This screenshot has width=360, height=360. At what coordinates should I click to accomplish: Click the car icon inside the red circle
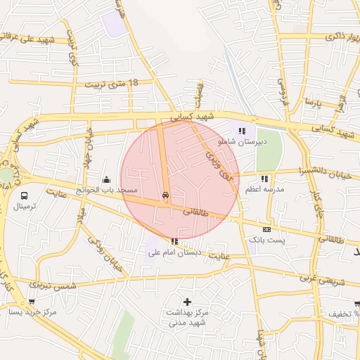(166, 195)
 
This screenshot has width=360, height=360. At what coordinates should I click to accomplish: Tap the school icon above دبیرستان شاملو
(243, 131)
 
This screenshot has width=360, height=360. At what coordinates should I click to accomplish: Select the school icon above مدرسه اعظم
(264, 179)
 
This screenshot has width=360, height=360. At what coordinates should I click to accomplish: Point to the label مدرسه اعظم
(264, 190)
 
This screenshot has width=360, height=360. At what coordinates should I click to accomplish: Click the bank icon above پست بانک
(266, 229)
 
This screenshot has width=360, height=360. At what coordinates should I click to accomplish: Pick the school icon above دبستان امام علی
(174, 241)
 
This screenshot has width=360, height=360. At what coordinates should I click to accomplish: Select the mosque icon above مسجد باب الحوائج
(106, 179)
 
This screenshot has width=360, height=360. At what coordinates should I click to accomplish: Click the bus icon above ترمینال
(25, 196)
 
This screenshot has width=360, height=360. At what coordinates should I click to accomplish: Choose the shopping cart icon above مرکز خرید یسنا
(32, 301)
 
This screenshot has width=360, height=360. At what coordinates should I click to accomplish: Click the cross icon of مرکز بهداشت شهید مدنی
(187, 301)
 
